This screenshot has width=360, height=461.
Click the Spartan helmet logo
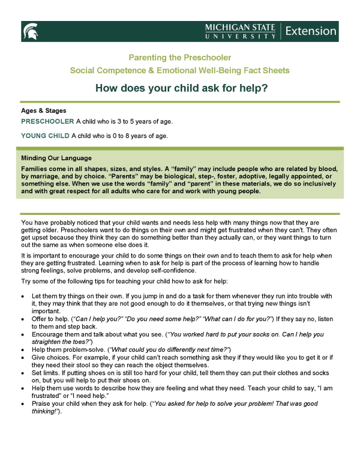pyautogui.click(x=29, y=31)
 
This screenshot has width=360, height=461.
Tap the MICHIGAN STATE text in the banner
pyautogui.click(x=240, y=28)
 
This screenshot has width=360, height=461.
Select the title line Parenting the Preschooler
pyautogui.click(x=179, y=58)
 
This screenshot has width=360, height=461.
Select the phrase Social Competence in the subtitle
pyautogui.click(x=112, y=70)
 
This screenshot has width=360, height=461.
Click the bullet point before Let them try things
pyautogui.click(x=23, y=297)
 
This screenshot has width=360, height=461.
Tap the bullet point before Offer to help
pyautogui.click(x=23, y=318)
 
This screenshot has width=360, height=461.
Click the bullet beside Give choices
pyautogui.click(x=23, y=358)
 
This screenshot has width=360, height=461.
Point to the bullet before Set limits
pyautogui.click(x=23, y=372)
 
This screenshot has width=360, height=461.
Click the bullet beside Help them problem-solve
pyautogui.click(x=23, y=350)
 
